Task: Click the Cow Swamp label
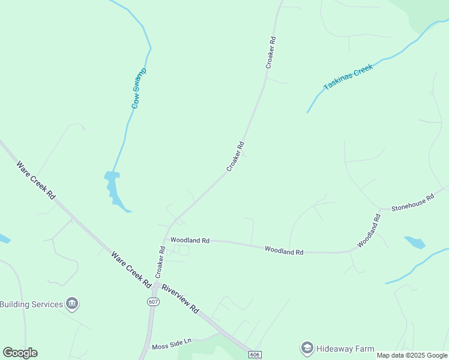139,88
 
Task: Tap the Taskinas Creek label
348,77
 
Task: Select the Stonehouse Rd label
412,203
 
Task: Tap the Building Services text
31,304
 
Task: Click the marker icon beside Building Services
72,304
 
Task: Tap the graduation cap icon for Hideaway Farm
307,348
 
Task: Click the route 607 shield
154,302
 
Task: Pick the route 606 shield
255,355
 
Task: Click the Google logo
20,353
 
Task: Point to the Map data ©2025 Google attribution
411,355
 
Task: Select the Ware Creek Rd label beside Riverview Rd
131,268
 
